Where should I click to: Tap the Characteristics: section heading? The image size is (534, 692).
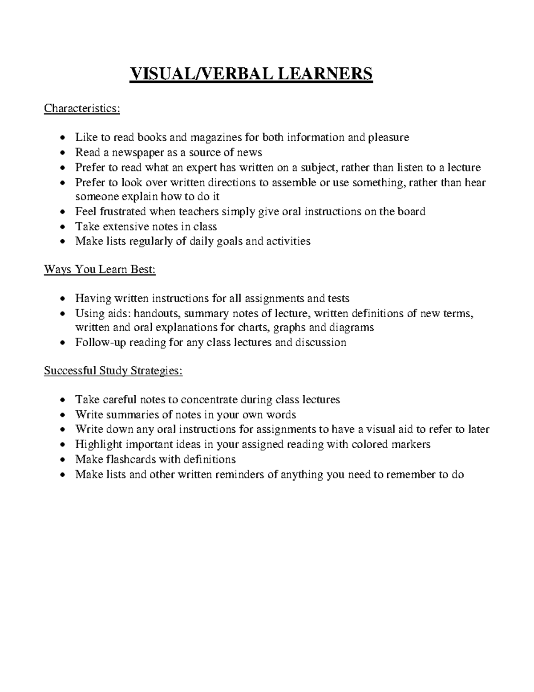coord(82,109)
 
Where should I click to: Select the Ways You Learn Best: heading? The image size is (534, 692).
coord(100,270)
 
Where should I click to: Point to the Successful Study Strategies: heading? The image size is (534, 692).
coord(113,371)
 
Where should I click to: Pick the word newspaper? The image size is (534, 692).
coord(134,152)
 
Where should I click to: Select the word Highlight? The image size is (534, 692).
coord(99,444)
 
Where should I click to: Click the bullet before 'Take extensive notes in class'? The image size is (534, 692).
coord(65,227)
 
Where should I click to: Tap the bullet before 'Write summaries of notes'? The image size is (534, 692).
coord(65,415)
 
